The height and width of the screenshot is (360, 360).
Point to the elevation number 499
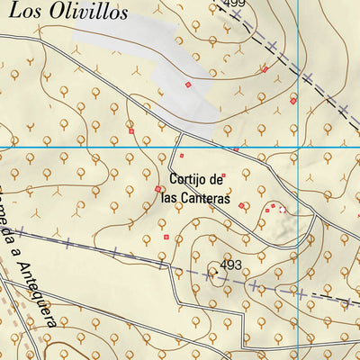pos(233,4)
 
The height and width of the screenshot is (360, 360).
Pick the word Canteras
pos(204,198)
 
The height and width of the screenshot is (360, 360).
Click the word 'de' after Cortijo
pos(215,178)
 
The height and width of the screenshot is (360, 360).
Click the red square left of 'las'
pos(158,189)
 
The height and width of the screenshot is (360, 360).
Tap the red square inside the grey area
pos(188,85)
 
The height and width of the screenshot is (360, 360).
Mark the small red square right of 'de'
pos(224,175)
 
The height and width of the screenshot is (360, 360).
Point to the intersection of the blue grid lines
pos(297,148)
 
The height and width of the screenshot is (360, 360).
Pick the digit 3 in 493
pos(238,265)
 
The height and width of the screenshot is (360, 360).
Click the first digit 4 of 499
pos(226,4)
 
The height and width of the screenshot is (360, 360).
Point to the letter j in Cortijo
pos(201,178)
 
